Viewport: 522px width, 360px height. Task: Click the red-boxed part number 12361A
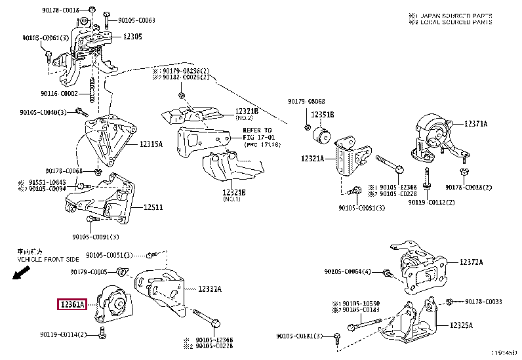pyautogui.click(x=73, y=304)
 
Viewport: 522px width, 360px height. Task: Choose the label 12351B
pyautogui.click(x=323, y=115)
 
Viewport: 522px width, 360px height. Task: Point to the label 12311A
pyautogui.click(x=210, y=289)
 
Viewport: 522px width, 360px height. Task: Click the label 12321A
pyautogui.click(x=313, y=158)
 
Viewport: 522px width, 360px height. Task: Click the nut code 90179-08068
pyautogui.click(x=306, y=102)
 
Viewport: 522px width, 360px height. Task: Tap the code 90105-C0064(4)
pyautogui.click(x=348, y=271)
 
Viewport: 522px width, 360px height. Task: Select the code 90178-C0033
pyautogui.click(x=483, y=301)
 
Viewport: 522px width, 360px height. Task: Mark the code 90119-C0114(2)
pyautogui.click(x=64, y=334)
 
